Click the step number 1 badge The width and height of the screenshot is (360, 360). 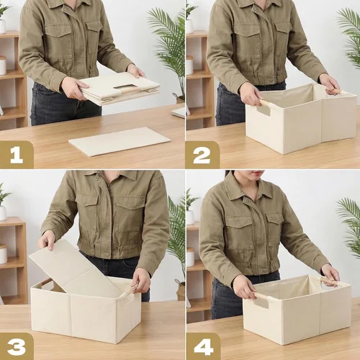(17, 155)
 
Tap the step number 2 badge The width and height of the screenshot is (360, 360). (202, 155)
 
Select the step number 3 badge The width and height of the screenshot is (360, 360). (17, 346)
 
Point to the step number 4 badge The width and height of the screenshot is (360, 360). (203, 346)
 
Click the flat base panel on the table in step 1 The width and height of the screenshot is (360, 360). (120, 142)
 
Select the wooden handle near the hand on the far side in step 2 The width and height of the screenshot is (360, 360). (334, 91)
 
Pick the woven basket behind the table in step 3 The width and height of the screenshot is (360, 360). (181, 290)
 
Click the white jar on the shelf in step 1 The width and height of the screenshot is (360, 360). (3, 66)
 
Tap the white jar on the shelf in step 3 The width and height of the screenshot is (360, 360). (4, 253)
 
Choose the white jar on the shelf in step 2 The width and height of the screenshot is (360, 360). (189, 66)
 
